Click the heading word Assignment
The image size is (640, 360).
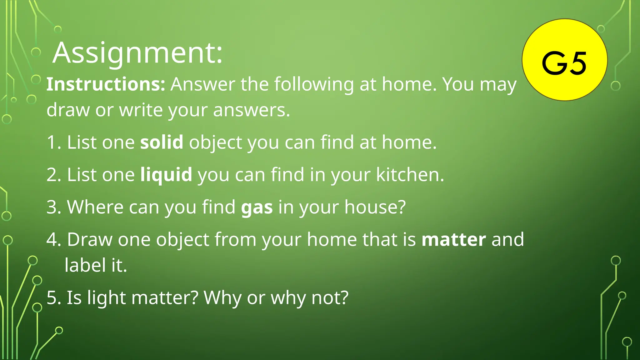click(x=137, y=53)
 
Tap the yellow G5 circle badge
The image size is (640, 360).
click(x=564, y=60)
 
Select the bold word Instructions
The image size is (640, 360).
click(x=106, y=84)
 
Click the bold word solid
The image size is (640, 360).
click(x=162, y=142)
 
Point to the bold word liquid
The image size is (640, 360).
click(x=166, y=175)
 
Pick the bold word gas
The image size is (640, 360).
click(x=257, y=207)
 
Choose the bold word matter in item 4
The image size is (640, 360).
click(x=454, y=240)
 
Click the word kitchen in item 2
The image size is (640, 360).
click(x=409, y=175)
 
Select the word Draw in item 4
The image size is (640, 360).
click(x=90, y=240)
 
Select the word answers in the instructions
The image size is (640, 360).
click(x=251, y=110)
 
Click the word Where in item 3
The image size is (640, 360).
click(x=95, y=207)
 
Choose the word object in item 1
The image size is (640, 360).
click(x=216, y=143)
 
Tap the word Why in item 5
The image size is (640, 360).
click(x=222, y=298)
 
